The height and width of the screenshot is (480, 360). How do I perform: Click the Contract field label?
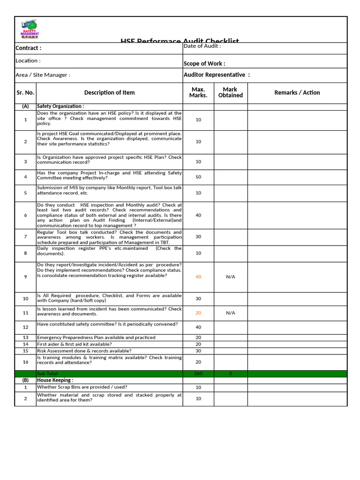[28, 48]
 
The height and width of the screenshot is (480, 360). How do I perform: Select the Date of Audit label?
[202, 46]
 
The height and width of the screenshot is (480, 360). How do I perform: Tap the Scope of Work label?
[204, 63]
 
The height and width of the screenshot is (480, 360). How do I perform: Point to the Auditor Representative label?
[217, 75]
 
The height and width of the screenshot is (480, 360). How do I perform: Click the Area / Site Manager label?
[43, 75]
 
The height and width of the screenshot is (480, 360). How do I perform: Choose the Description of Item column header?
[109, 92]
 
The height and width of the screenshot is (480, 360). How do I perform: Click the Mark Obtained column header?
[230, 92]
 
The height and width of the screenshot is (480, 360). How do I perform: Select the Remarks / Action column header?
[297, 92]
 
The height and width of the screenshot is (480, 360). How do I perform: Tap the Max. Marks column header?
[198, 92]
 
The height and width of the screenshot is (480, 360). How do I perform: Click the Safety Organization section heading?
[60, 106]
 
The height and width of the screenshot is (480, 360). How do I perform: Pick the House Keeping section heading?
[55, 380]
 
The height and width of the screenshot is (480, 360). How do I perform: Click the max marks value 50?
[198, 177]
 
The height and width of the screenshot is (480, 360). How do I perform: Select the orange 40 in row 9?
[198, 277]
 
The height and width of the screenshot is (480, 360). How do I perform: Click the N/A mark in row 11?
[230, 313]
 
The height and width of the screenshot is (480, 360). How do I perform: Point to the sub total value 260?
[198, 374]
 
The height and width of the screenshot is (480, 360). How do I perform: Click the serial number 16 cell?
[25, 361]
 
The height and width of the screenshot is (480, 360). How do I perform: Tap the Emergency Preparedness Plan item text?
[96, 337]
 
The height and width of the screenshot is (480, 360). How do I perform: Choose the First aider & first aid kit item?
[75, 344]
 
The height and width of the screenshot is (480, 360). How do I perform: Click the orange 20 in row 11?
[198, 313]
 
